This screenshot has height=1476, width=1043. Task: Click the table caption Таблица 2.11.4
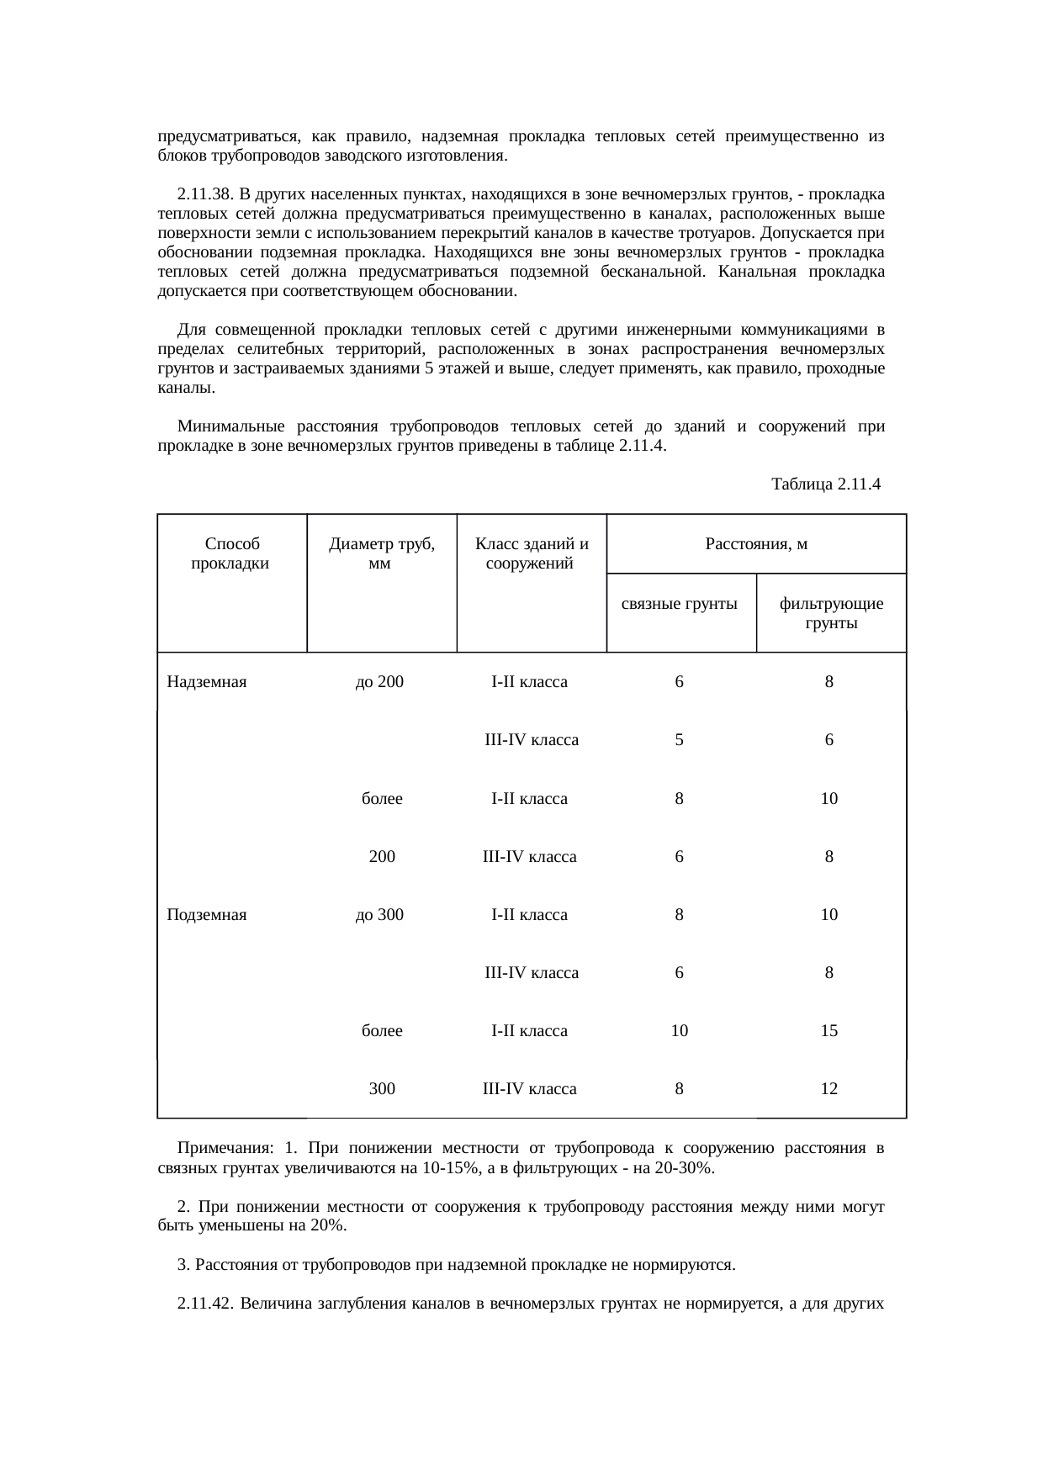pos(825,484)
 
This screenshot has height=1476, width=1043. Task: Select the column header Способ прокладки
pos(230,554)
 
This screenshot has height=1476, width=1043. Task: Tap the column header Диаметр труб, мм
pos(381,554)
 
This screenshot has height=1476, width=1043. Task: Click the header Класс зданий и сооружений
pos(531,554)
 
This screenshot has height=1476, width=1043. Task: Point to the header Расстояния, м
pos(755,544)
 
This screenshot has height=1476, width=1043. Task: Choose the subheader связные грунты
pos(680,604)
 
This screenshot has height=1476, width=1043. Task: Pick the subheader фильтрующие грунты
pos(830,613)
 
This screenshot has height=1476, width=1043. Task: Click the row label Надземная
pos(207,682)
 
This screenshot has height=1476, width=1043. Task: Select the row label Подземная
pos(207,915)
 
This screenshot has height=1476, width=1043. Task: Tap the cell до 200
pos(379,682)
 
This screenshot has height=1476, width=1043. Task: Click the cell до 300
pos(379,915)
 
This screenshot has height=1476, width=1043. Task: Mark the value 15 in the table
pos(829,1031)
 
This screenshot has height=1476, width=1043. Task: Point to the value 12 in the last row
pos(829,1089)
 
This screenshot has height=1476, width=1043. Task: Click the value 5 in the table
pos(679,741)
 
